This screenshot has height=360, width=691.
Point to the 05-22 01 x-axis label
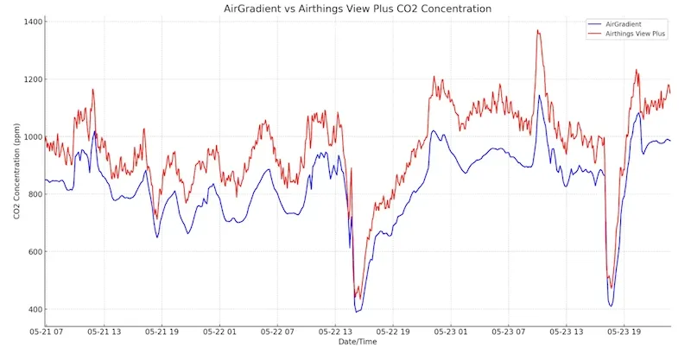(219, 332)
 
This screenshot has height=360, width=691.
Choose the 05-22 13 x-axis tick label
(335, 332)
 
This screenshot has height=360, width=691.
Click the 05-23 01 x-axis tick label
(451, 332)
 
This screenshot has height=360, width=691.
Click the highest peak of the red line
(538, 31)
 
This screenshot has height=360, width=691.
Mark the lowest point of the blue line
(357, 312)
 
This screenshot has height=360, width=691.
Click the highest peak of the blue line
(539, 96)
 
